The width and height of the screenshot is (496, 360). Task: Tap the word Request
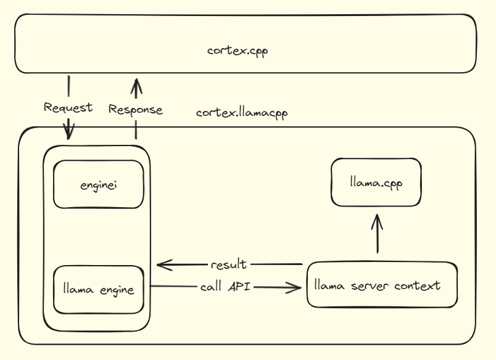[68, 107]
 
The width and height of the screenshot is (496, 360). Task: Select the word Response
[135, 110]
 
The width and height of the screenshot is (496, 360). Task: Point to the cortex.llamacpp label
[242, 113]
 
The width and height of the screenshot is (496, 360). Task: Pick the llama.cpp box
[376, 182]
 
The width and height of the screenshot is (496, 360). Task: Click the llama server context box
[382, 285]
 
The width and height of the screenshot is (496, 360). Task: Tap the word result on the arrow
[228, 264]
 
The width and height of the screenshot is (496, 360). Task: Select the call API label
[225, 287]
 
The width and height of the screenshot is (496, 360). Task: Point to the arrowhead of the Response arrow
[136, 82]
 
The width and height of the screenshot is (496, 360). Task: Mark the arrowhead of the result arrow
[162, 265]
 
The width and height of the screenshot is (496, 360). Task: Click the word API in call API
[239, 287]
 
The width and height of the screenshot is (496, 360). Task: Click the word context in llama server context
[419, 285]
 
